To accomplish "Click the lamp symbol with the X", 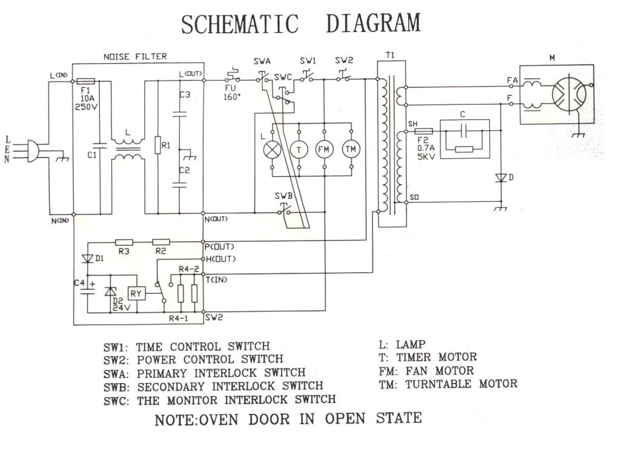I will coord(274,148).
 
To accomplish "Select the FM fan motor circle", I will coord(325,148).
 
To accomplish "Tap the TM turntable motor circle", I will coord(351,148).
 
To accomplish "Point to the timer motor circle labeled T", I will coord(299,148).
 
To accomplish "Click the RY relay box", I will coord(136,294).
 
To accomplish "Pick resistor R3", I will coord(124,242).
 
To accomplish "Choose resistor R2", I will coord(161,242).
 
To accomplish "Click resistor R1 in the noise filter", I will coord(157,145).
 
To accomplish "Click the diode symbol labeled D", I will coord(501,178).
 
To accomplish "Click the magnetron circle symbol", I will coord(569,94).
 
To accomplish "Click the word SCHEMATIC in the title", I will coord(240,25).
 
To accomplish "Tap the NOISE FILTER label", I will coord(135,56).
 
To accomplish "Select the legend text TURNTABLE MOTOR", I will coord(462,384).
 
